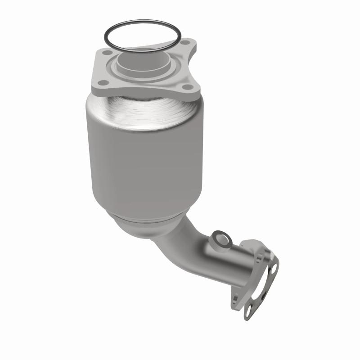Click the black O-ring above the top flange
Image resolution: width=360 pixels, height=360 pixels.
(142, 21)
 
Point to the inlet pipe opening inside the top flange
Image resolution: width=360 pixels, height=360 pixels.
(143, 58)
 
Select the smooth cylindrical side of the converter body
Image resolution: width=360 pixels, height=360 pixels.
(144, 171)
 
